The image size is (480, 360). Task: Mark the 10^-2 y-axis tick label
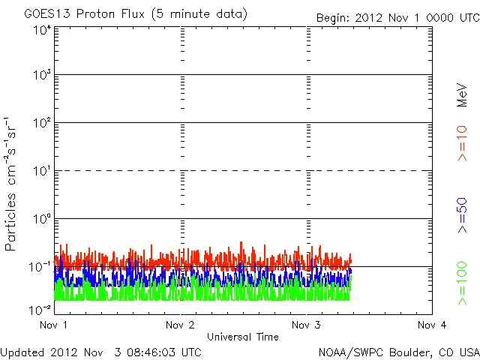40,309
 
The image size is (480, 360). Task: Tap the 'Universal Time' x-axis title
242,337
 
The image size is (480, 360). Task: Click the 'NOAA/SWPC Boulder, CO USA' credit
398,352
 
